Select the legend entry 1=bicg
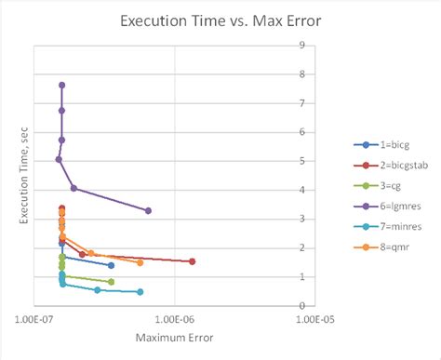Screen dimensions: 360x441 pos(385,144)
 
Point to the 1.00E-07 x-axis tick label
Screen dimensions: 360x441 pos(33,319)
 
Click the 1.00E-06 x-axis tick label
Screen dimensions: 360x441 pos(175,319)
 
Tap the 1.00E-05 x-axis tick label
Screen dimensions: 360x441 pos(317,319)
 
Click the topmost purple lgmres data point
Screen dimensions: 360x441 pos(62,85)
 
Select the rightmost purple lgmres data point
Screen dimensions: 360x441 pos(148,210)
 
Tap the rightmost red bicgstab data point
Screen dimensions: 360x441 pos(193,261)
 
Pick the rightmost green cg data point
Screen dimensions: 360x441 pos(112,282)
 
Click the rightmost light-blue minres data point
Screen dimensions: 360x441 pos(140,292)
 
